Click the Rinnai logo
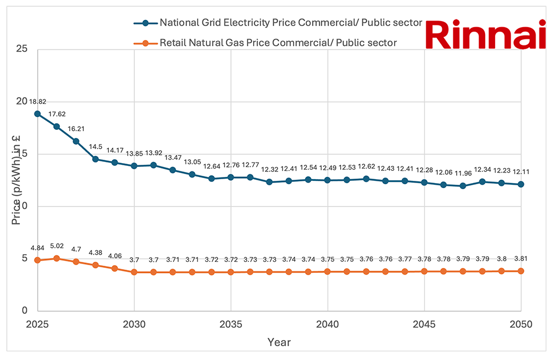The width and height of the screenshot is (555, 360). (487, 36)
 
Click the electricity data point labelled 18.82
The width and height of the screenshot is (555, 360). (37, 114)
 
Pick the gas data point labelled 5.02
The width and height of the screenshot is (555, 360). (57, 258)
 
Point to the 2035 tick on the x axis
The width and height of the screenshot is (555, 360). (231, 323)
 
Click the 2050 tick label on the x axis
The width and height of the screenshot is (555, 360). (521, 323)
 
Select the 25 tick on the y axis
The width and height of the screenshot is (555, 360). (23, 49)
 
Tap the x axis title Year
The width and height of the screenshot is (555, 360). (279, 342)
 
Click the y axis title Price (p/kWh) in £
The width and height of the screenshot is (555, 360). (17, 180)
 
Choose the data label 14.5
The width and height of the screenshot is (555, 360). (95, 146)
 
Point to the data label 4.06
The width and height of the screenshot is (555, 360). (115, 256)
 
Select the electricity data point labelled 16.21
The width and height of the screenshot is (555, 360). (76, 141)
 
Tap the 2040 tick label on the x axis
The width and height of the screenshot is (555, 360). (327, 323)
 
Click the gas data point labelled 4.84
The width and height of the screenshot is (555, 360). (37, 260)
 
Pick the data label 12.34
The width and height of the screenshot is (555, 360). (482, 169)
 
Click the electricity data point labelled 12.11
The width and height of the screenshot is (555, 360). (521, 184)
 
